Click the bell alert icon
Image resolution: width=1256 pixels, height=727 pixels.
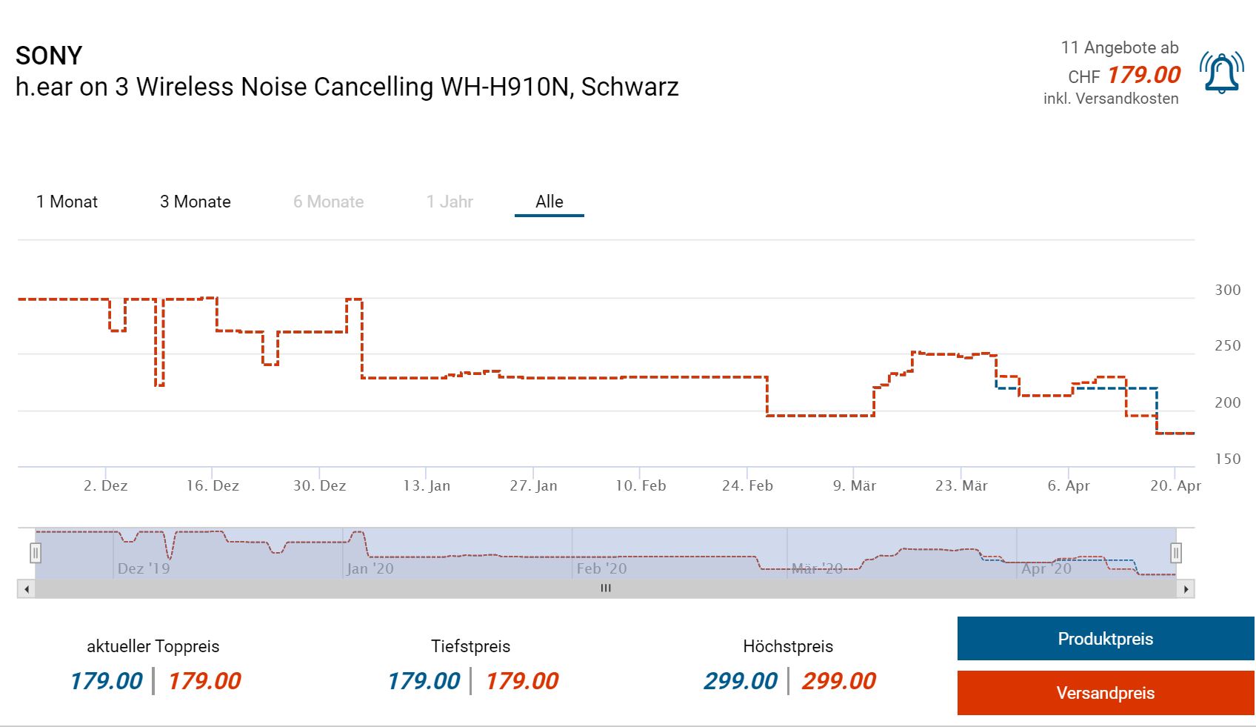coord(1221,73)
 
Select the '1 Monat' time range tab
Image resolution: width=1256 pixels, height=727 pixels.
coord(67,202)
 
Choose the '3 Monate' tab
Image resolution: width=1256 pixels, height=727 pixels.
coord(195,202)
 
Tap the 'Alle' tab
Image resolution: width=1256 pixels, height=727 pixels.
coord(549,202)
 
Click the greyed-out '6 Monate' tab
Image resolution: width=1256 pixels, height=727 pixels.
coord(328,202)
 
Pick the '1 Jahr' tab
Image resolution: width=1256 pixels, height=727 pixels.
coord(449,202)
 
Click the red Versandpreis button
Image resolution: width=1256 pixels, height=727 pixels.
coord(1105,693)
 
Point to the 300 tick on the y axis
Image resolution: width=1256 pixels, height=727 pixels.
coord(1227,290)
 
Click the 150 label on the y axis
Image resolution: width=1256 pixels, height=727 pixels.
coord(1227,459)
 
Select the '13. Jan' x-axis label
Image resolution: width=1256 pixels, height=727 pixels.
coord(427,485)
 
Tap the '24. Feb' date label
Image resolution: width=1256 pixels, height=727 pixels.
coord(747,485)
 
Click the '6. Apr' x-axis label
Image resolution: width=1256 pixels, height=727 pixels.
coord(1068,485)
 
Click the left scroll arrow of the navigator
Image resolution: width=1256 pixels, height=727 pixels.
coord(27,589)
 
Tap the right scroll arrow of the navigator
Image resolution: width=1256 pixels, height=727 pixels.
coord(1186,589)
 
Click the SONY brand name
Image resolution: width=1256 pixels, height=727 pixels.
coord(49,56)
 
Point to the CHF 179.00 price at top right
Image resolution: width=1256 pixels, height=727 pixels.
coord(1124,76)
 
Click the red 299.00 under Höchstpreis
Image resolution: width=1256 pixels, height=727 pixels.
coord(838,680)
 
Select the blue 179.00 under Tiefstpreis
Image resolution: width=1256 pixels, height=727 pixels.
coord(424,680)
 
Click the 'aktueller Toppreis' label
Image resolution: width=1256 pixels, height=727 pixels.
coord(153,646)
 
